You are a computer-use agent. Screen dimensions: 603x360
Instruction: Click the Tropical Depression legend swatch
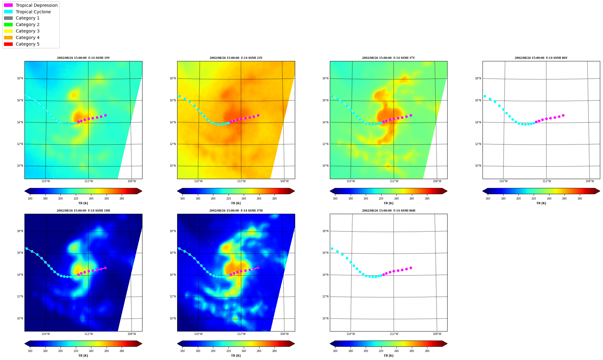(8, 5)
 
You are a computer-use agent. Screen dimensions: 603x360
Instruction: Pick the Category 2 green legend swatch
(8, 24)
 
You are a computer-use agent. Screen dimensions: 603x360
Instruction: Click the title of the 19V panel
(83, 58)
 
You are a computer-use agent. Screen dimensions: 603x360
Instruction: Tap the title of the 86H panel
(389, 211)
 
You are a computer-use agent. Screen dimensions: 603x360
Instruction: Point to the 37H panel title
(236, 211)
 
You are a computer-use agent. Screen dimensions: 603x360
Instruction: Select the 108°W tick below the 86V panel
(590, 181)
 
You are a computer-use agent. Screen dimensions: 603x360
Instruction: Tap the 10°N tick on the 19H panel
(20, 318)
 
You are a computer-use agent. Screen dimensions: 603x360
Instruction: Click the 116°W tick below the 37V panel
(351, 181)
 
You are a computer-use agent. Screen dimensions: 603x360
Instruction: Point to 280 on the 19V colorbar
(122, 199)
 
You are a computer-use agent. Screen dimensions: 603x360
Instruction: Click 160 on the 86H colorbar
(335, 351)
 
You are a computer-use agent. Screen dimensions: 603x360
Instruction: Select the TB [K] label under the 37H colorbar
(236, 356)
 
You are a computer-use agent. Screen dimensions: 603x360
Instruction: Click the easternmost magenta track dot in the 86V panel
(563, 115)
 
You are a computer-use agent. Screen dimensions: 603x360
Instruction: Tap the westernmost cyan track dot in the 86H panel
(332, 248)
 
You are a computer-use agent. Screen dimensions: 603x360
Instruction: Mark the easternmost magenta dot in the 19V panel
(105, 115)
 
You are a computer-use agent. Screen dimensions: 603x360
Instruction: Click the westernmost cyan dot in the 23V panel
(179, 96)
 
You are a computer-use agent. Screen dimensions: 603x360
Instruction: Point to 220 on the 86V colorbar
(534, 199)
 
